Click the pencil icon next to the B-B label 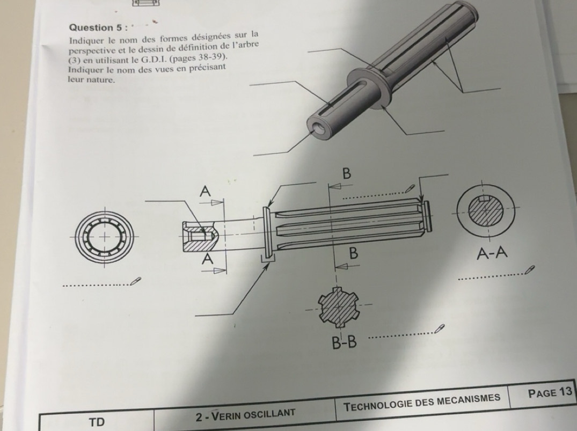[x=439, y=328]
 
